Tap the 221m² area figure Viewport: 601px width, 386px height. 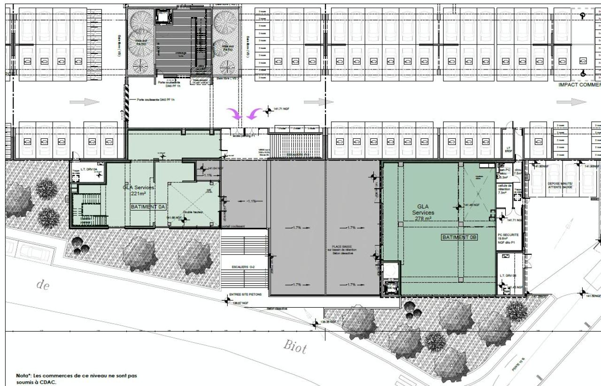point(138,193)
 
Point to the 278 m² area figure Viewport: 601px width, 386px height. point(424,219)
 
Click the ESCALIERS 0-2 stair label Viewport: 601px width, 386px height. point(243,267)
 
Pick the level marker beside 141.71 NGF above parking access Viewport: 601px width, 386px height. point(269,111)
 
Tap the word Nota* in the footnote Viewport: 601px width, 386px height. point(25,376)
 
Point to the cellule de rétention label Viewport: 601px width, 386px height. point(506,189)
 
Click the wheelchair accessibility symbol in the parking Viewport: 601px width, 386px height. point(583,73)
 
